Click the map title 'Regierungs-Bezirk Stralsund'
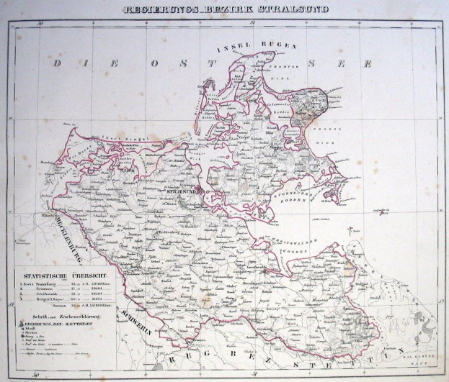click(226, 9)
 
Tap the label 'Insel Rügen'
click(257, 47)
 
